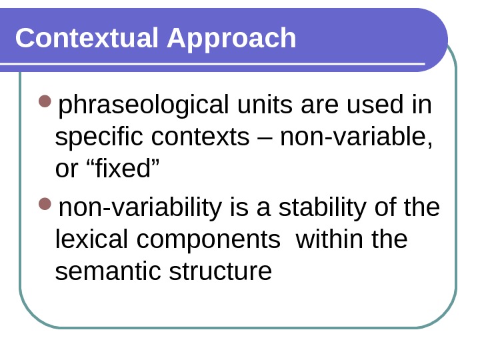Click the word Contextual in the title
tap(87, 38)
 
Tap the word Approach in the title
tap(231, 39)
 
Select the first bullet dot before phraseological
tap(45, 101)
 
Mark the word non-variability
tap(140, 208)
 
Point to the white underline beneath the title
tap(213, 65)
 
